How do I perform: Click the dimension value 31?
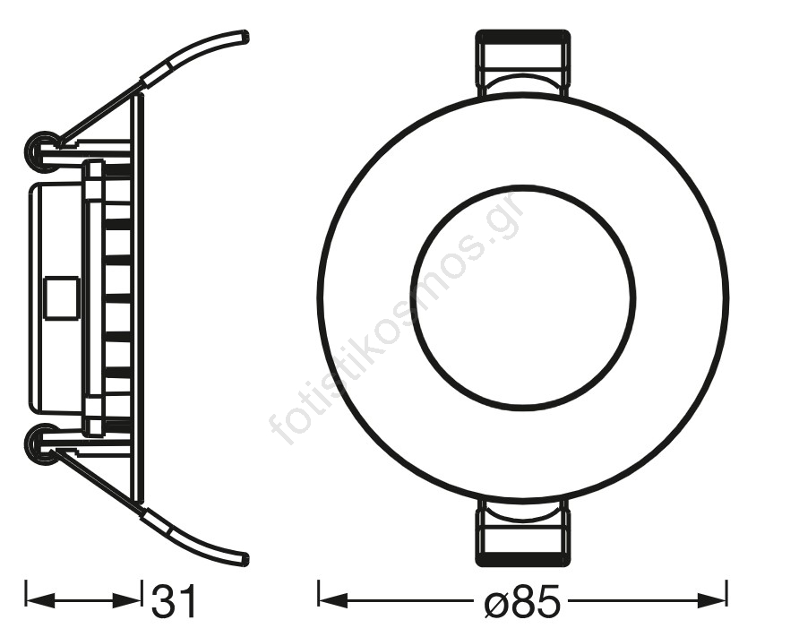pyautogui.click(x=173, y=601)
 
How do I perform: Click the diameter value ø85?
pyautogui.click(x=522, y=602)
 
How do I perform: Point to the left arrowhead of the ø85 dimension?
pyautogui.click(x=332, y=600)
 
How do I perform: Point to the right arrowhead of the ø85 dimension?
pyautogui.click(x=711, y=600)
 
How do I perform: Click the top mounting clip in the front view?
pyautogui.click(x=522, y=63)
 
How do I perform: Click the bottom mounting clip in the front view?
pyautogui.click(x=522, y=532)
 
